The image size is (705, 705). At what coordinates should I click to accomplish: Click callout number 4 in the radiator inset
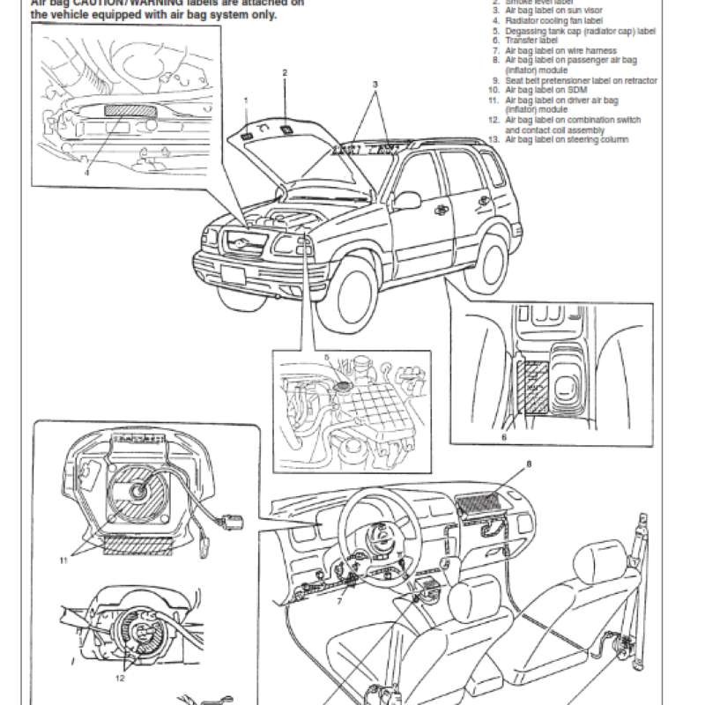87,173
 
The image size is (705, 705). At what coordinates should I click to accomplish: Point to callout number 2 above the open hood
285,72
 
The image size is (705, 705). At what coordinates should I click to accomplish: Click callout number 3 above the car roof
375,84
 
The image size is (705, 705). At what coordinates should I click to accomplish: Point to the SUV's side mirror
406,200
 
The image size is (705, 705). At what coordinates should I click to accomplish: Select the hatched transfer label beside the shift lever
531,389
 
